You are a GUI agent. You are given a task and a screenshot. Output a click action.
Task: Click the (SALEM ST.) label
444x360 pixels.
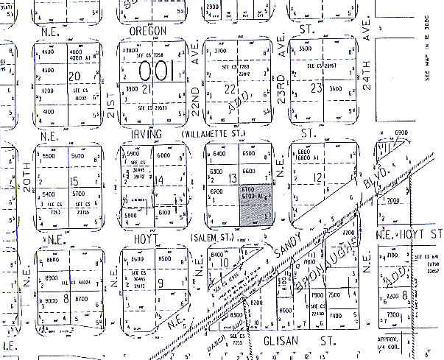click(214, 238)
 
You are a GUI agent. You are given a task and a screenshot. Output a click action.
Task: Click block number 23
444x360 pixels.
click(317, 88)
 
